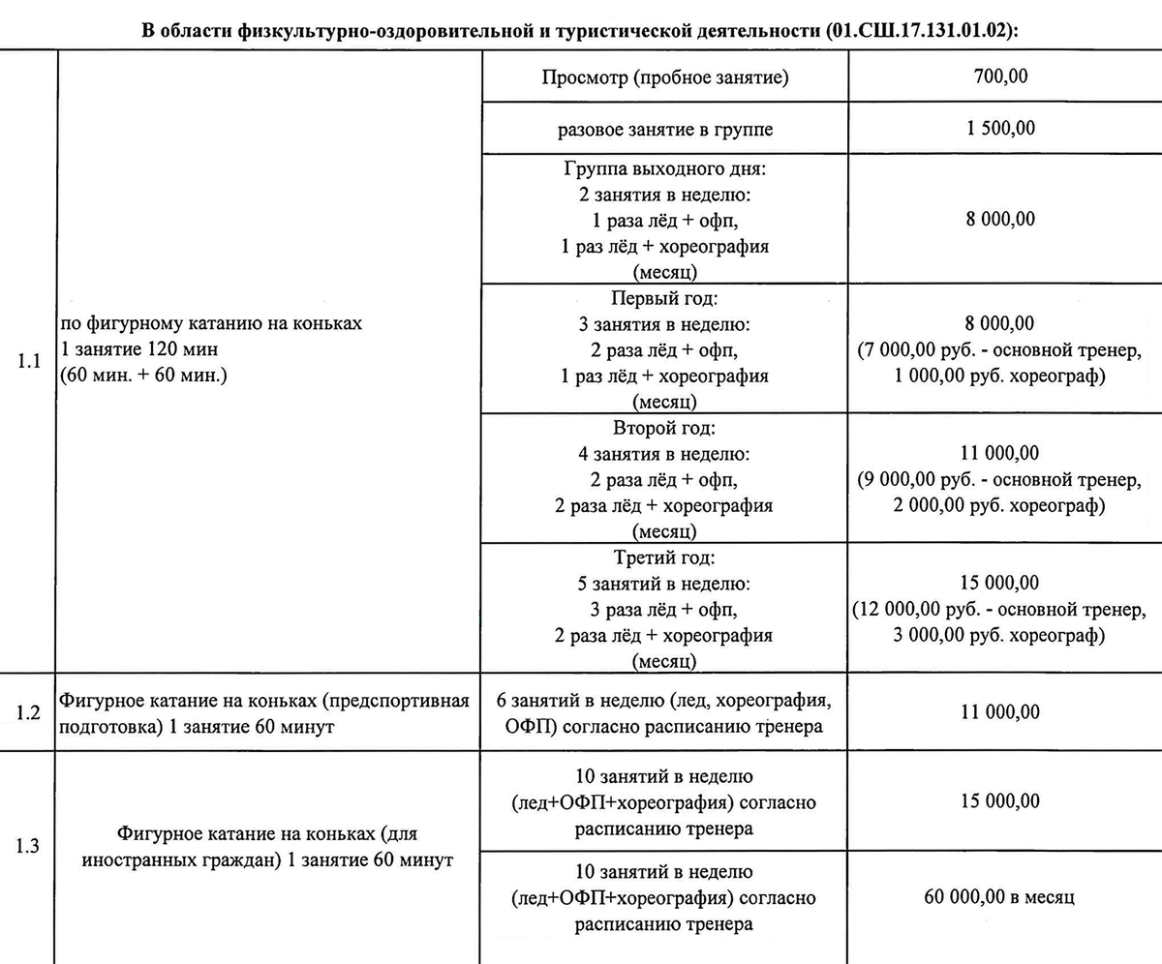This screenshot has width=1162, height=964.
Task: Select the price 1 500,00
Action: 1000,129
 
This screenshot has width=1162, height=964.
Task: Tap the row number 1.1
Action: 29,362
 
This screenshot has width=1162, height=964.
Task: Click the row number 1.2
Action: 29,713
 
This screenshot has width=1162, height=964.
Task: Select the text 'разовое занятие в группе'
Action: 665,129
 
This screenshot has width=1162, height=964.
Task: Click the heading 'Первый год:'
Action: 665,299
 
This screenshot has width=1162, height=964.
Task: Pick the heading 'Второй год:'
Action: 665,428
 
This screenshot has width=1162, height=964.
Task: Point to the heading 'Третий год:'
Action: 665,558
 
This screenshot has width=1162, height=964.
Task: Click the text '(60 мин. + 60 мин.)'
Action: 142,375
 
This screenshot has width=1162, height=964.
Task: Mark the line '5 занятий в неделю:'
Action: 665,584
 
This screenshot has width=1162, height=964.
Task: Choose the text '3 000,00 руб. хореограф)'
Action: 1000,636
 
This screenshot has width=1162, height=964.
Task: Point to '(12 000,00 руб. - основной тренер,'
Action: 1000,610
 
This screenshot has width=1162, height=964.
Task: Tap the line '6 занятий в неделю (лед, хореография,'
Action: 665,701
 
